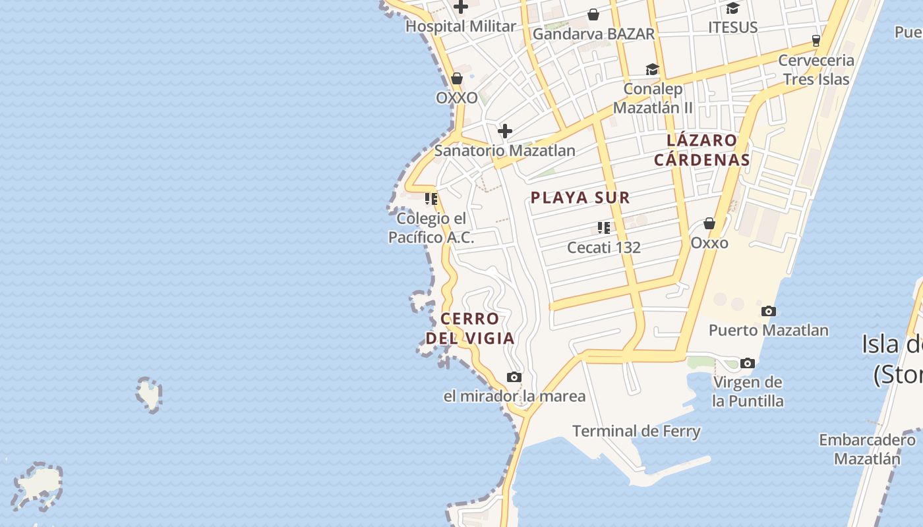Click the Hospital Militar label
[460, 26]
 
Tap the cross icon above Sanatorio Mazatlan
[505, 131]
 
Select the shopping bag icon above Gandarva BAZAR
[593, 14]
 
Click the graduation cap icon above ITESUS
[732, 9]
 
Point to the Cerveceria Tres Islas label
[816, 69]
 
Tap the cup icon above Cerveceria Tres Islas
[816, 40]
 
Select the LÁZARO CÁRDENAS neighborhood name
[701, 150]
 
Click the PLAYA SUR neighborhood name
[580, 197]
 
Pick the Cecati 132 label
[604, 248]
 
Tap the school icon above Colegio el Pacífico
[431, 198]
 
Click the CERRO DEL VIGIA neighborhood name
[469, 328]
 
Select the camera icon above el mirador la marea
[514, 377]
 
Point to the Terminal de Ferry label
[636, 431]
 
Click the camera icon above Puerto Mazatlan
[768, 311]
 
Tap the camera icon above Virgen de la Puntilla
[748, 363]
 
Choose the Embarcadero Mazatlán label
[867, 449]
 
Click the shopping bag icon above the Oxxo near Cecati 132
[709, 224]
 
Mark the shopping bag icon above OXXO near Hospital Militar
[456, 79]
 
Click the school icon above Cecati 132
[603, 228]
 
